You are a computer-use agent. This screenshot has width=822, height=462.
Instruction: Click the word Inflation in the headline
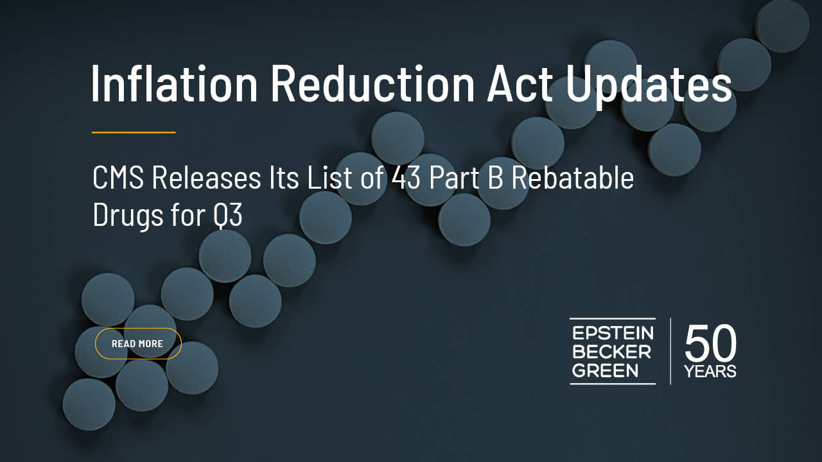pos(174,83)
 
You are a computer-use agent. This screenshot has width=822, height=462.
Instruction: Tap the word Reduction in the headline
pos(372,83)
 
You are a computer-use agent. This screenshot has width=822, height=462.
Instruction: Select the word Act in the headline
pos(520,83)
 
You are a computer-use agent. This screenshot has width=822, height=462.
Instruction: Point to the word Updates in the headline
pos(649,87)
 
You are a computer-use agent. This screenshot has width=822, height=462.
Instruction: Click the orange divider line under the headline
pos(134,132)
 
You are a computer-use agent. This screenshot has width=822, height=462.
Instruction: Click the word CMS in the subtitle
pos(118,178)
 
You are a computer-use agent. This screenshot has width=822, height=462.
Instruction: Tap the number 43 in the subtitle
pos(405,178)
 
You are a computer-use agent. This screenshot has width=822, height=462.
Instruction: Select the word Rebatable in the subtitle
pos(573,177)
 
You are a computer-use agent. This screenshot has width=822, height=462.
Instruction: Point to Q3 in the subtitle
pos(228,215)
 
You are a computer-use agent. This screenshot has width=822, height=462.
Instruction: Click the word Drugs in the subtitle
pos(128,217)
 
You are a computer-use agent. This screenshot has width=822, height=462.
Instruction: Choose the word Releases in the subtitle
pos(206,178)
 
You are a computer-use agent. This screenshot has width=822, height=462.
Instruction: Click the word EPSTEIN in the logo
pos(613,333)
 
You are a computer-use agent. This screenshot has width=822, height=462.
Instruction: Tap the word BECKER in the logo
pos(611,352)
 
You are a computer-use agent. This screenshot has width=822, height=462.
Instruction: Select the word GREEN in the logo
pos(605,371)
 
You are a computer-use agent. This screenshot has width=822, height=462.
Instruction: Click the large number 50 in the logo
pos(710,343)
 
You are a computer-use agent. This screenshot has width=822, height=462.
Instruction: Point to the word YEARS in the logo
pos(710,372)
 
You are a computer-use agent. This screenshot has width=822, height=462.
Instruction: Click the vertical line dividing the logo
pos(670,351)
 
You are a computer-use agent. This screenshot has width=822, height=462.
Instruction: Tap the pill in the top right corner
pos(783,26)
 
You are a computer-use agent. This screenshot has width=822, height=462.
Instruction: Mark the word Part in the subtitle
pos(454,178)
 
